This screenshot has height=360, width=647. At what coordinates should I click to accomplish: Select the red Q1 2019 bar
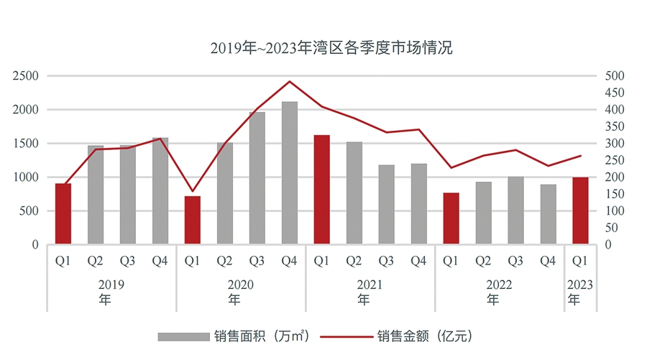(63, 214)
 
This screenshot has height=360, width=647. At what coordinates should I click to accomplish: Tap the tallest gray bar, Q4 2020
(290, 173)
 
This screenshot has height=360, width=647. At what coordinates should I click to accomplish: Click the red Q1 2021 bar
(322, 190)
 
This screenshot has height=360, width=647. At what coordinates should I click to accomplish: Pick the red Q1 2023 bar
(580, 211)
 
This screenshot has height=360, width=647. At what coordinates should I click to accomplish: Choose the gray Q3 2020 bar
(257, 178)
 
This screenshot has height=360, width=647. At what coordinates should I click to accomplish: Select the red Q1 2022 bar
(451, 218)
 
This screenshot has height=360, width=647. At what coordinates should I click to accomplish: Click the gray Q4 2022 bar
(548, 214)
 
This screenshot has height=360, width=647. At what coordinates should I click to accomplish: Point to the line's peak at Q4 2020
(290, 81)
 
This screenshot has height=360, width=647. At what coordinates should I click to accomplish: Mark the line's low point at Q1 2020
(193, 192)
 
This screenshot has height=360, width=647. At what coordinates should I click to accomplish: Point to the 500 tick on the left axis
(29, 211)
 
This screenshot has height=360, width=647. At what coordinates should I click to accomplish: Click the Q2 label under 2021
(354, 261)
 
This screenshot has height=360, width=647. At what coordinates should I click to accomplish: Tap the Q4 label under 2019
(160, 261)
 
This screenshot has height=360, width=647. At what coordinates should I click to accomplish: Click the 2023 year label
(580, 285)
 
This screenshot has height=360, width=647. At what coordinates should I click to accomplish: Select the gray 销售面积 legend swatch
(183, 336)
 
